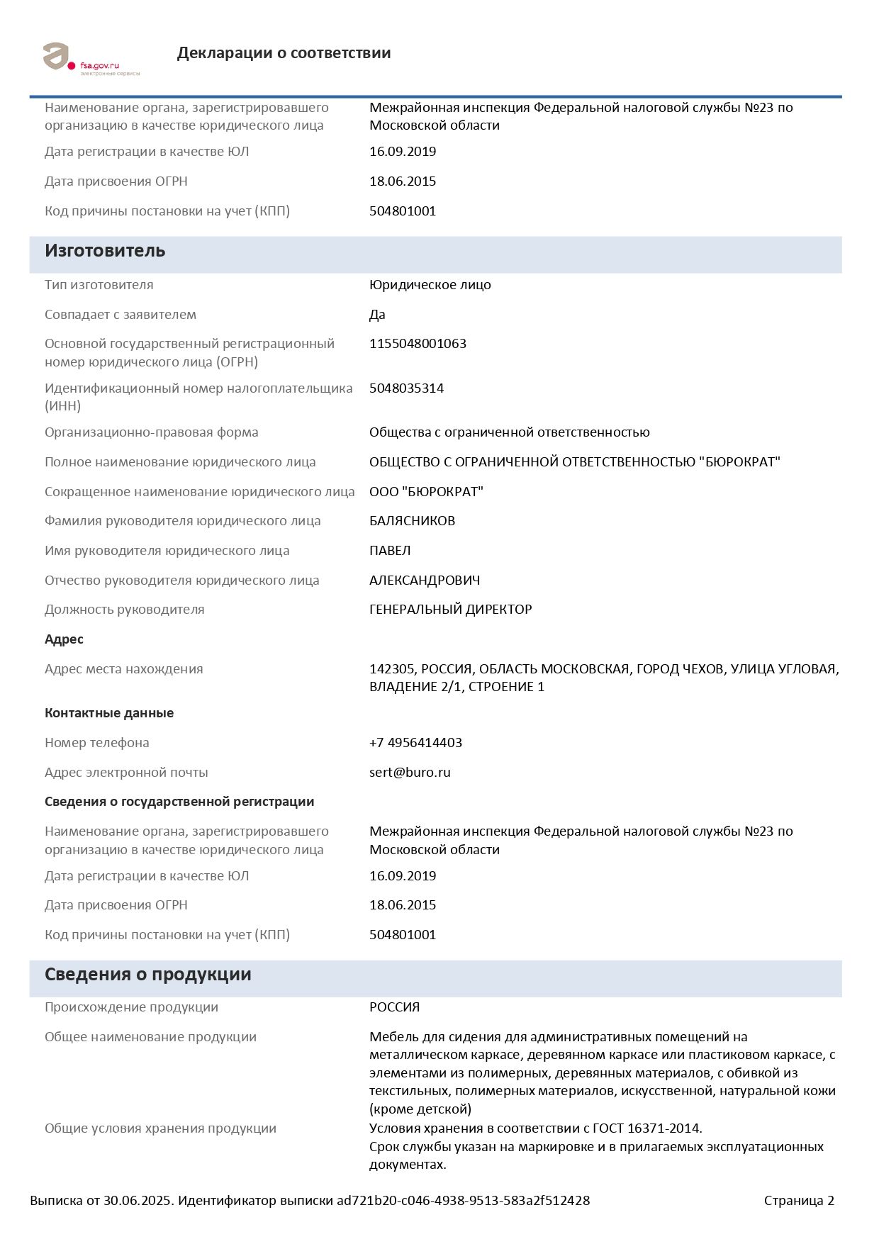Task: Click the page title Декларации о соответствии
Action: pos(284,53)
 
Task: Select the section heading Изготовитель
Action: pos(105,251)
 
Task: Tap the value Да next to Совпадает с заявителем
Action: pos(377,315)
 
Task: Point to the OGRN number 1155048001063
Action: pos(418,344)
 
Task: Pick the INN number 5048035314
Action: pos(406,388)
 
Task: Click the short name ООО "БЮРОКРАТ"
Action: pos(426,492)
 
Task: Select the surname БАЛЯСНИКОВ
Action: pos(412,521)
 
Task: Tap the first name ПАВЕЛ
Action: pos(390,551)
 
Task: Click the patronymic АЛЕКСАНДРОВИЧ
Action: pos(425,581)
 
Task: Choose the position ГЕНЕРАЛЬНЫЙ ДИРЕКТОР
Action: pos(450,610)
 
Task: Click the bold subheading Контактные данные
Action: pos(109,713)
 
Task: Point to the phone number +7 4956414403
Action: pos(415,743)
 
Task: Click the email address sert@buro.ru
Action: pos(410,773)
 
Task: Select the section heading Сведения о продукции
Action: pos(147,975)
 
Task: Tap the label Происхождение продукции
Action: pos(131,1007)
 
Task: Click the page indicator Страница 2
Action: pos(799,1201)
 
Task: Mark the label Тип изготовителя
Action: pos(99,285)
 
